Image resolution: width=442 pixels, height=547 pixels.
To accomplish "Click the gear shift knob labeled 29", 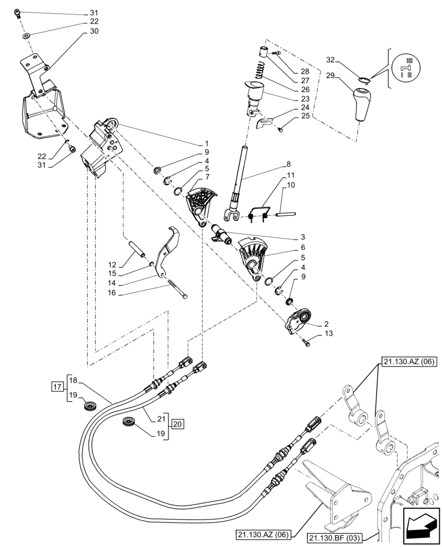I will (360, 104).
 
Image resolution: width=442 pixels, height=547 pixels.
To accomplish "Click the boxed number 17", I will (56, 388).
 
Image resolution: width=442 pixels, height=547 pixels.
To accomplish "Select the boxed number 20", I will (176, 424).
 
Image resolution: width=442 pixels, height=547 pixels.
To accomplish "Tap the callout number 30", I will (94, 31).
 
